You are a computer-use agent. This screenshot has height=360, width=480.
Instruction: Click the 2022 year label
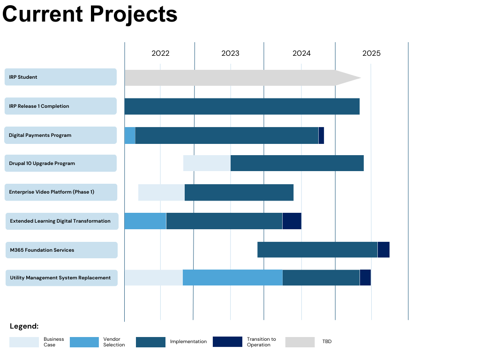[160, 53]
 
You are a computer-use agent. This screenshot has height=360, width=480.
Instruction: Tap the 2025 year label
[371, 53]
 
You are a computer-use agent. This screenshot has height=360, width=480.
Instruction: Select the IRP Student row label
[60, 77]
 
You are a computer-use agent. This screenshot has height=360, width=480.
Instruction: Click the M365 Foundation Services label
[61, 250]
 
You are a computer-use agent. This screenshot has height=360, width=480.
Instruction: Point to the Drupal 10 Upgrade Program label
[60, 163]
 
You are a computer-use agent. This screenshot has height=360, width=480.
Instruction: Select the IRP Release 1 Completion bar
[242, 106]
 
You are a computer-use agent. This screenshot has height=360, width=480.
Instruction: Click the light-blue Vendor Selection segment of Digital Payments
[130, 135]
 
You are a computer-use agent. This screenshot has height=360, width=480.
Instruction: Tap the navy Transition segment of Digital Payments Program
[321, 135]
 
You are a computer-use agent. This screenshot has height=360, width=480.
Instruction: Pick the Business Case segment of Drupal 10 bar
[207, 163]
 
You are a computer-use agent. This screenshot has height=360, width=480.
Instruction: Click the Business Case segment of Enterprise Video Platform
[161, 192]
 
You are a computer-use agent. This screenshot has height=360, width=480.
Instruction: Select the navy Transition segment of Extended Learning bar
[292, 221]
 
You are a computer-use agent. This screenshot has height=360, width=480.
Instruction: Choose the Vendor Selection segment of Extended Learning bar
[145, 221]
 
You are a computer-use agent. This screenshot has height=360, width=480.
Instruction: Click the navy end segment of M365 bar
[383, 250]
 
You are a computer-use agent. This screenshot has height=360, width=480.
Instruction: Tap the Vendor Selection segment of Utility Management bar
[232, 277]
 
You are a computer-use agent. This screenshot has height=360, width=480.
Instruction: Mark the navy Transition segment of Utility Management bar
[365, 277]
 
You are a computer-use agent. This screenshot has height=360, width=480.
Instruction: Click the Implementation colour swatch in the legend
[150, 342]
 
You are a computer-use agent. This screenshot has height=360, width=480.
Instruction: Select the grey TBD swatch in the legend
[300, 342]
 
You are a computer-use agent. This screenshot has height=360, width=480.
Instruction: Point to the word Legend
[24, 326]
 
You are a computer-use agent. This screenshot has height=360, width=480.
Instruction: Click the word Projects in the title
[134, 14]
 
